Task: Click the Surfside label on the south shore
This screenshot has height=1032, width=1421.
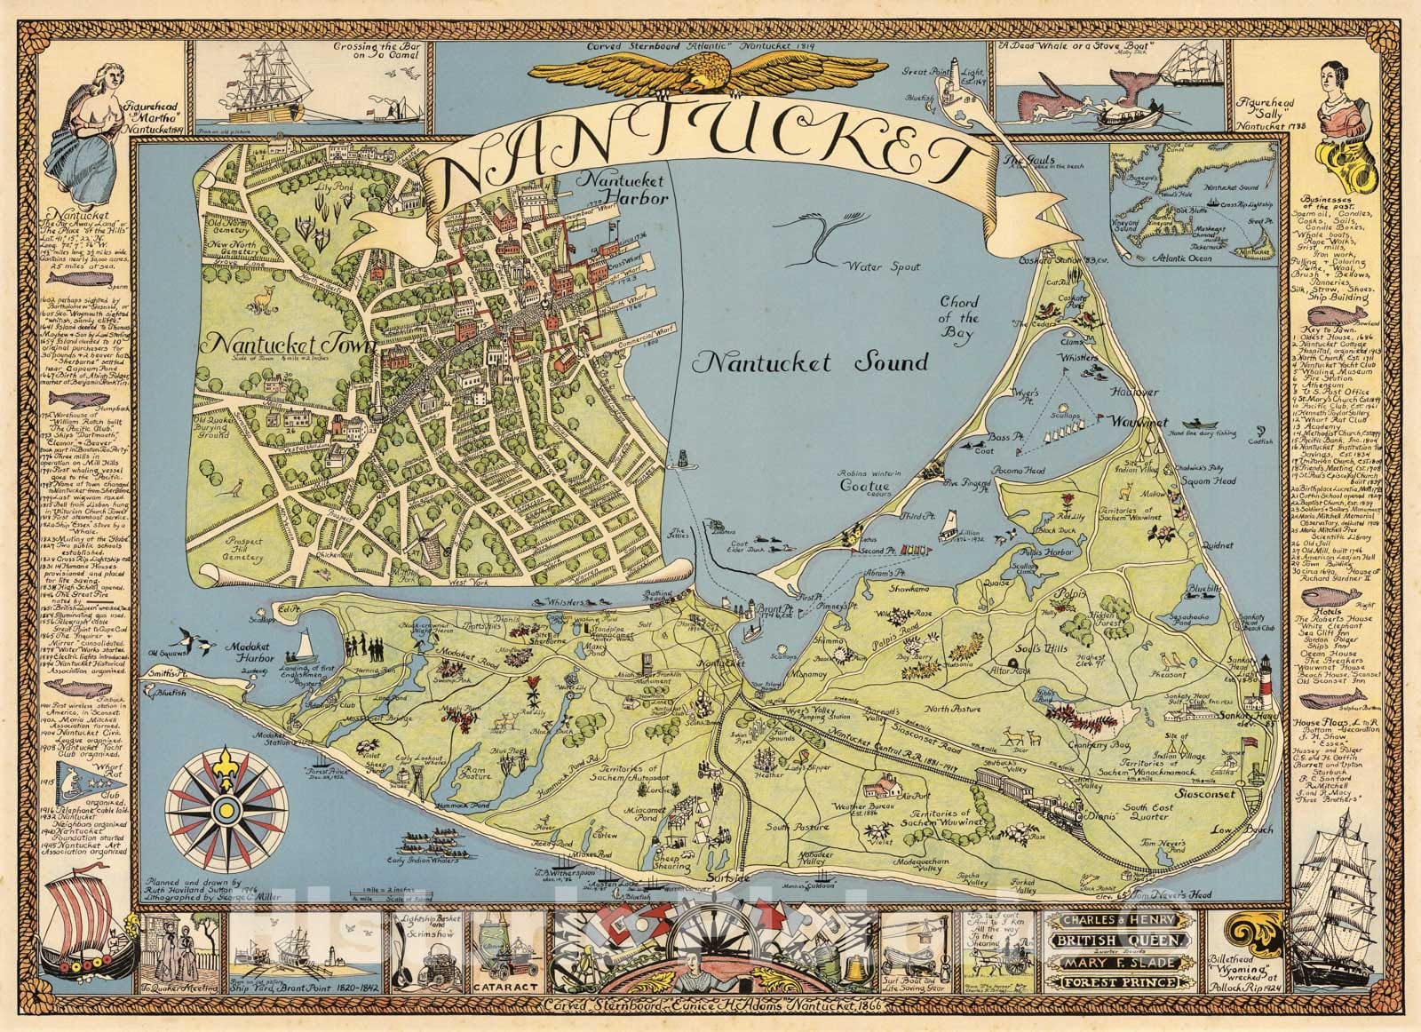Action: tap(722, 877)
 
